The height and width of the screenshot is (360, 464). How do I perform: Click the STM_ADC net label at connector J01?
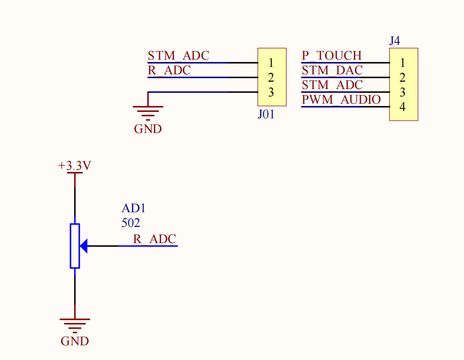178,56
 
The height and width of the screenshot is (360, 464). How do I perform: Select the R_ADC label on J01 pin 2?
169,70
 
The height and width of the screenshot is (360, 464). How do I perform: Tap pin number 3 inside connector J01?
270,92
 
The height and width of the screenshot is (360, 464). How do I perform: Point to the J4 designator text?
395,41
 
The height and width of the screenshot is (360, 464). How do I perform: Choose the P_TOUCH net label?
331,56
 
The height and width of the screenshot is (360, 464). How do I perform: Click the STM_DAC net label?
332,70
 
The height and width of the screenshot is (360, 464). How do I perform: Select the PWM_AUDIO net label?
341,100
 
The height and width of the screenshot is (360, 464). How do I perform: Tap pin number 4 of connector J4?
402,107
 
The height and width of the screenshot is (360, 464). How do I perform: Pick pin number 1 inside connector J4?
402,63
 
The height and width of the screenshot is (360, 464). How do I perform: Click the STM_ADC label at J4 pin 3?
332,85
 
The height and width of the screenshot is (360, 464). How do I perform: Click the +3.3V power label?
74,166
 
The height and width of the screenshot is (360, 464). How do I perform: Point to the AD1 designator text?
133,208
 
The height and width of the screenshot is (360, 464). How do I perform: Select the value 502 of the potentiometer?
131,223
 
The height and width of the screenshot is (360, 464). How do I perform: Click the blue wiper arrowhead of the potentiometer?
84,246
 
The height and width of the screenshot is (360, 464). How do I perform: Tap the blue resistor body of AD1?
75,246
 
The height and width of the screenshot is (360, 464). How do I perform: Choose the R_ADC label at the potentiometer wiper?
155,239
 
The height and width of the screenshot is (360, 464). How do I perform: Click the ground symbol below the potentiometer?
75,325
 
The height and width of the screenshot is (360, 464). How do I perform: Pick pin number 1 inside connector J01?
270,63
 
